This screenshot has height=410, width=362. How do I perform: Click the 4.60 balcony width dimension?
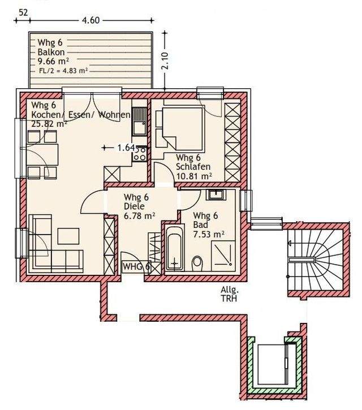click(90, 20)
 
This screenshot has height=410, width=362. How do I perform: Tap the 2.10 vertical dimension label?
click(165, 61)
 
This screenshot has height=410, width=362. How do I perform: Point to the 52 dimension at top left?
click(23, 12)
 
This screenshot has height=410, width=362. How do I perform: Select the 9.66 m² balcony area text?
click(53, 62)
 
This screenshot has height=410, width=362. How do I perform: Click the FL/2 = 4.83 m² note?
click(63, 71)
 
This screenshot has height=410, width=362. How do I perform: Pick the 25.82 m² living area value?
click(49, 123)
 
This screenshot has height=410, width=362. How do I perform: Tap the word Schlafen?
click(193, 167)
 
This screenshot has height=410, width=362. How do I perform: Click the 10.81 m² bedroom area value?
click(194, 176)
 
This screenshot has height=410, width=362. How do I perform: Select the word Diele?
click(134, 206)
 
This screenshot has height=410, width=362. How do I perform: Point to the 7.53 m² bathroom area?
click(209, 234)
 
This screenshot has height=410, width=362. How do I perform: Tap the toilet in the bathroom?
click(197, 264)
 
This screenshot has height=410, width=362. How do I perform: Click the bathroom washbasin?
click(216, 195)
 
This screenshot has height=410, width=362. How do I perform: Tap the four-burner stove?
click(140, 154)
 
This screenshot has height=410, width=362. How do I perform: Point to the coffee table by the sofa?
click(68, 236)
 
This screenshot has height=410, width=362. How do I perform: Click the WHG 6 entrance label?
click(136, 266)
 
